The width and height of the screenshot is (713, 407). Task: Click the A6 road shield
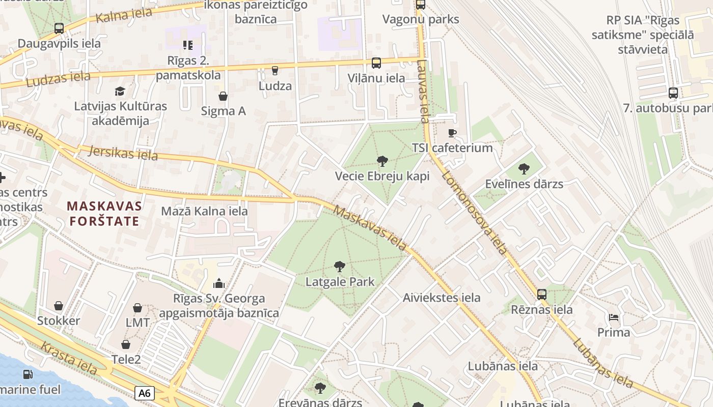point(145,393)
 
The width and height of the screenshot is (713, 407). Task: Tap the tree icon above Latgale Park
point(340,266)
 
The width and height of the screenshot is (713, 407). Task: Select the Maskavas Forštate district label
point(104,214)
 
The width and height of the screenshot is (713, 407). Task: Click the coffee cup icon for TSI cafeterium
point(452,133)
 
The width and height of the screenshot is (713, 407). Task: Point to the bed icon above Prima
point(614,317)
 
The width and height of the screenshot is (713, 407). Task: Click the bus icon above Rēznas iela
point(542,294)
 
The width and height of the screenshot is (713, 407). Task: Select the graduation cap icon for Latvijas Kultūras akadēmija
point(120,91)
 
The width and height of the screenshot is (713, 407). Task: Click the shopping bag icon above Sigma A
point(223,96)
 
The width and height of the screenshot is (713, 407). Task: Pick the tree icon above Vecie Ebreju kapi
point(382,161)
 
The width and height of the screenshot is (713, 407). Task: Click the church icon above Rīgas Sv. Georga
point(219,283)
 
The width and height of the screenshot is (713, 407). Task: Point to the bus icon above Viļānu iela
point(376,63)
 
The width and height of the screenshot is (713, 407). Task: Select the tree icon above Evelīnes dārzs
point(524,169)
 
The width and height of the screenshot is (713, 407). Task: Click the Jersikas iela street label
point(123,153)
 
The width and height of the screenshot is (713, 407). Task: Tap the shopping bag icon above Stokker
point(59,306)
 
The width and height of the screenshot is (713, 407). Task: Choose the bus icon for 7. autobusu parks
point(673,93)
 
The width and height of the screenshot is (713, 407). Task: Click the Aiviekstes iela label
point(442,298)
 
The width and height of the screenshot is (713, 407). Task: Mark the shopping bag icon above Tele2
point(126,344)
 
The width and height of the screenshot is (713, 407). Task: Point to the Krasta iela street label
point(69,359)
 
